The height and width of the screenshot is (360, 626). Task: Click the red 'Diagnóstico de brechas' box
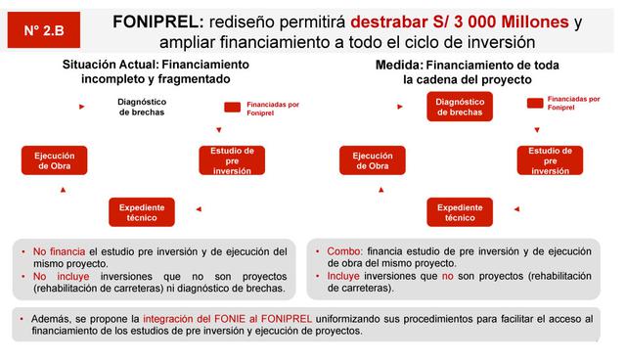(458, 107)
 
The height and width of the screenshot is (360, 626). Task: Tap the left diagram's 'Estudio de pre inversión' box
(232, 160)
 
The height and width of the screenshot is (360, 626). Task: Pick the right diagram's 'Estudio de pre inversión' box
(550, 160)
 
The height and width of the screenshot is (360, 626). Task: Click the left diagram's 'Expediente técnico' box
(142, 212)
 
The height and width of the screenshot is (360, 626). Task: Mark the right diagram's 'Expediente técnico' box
(459, 212)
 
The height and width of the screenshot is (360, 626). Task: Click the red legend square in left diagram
(232, 108)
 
